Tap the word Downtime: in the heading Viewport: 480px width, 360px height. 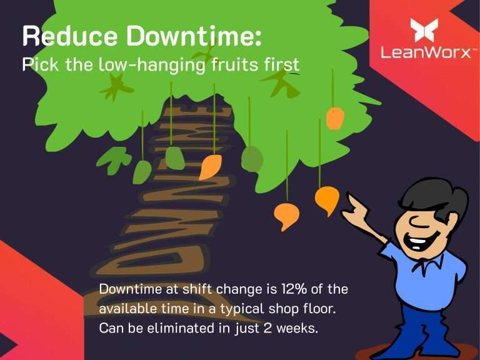(x=194, y=36)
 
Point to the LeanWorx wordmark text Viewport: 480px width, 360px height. (x=426, y=52)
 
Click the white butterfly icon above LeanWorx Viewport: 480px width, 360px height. (x=424, y=30)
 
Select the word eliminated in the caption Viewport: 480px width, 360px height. (x=182, y=328)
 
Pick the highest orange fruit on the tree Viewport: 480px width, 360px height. (x=335, y=118)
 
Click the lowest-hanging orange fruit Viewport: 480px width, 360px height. (x=286, y=216)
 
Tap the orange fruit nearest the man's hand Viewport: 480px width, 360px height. (x=327, y=199)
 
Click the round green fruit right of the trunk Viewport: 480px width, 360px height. (x=252, y=159)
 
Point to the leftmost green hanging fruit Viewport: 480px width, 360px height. (x=142, y=172)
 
